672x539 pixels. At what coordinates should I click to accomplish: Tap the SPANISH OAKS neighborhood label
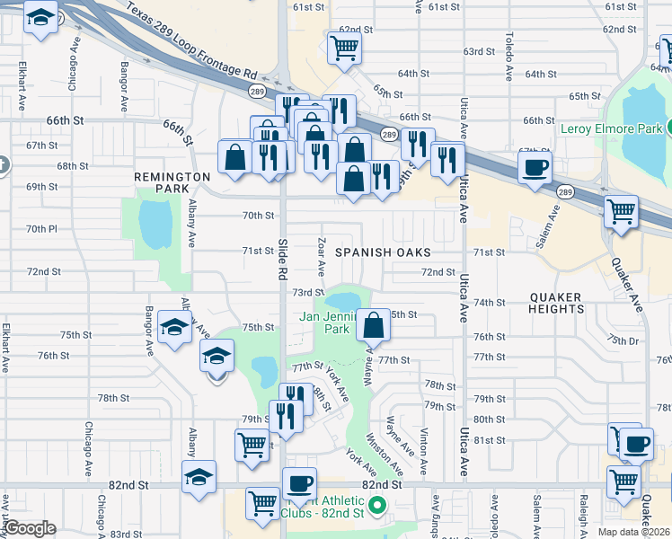pyautogui.click(x=383, y=253)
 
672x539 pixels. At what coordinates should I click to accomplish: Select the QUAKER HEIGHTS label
pyautogui.click(x=556, y=303)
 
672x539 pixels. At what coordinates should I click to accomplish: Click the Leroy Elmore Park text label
pyautogui.click(x=609, y=128)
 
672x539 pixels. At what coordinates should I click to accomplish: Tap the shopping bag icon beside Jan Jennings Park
pyautogui.click(x=373, y=324)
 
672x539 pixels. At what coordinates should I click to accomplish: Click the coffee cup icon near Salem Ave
pyautogui.click(x=535, y=167)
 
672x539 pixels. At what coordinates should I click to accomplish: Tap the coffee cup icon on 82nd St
pyautogui.click(x=299, y=483)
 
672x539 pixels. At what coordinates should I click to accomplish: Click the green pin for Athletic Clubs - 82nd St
pyautogui.click(x=378, y=508)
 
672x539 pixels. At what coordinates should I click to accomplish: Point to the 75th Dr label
pyautogui.click(x=622, y=341)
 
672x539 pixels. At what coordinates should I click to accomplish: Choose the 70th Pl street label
pyautogui.click(x=41, y=229)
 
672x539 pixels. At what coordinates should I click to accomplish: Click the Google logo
pyautogui.click(x=30, y=528)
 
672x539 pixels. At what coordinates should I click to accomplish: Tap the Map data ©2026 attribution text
pyautogui.click(x=634, y=532)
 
